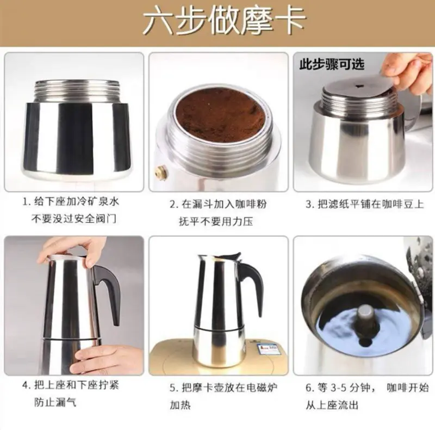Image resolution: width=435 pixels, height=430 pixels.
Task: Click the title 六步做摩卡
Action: pyautogui.click(x=224, y=22)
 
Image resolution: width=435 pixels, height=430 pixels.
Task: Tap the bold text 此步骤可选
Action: pyautogui.click(x=332, y=64)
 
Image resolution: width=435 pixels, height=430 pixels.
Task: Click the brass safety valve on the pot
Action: pyautogui.click(x=159, y=173)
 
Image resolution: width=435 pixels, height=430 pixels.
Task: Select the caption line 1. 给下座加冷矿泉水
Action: pyautogui.click(x=71, y=201)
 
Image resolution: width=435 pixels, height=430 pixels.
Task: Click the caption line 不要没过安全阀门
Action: pyautogui.click(x=74, y=219)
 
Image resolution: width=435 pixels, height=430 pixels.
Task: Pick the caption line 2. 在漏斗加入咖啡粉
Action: pyautogui.click(x=219, y=204)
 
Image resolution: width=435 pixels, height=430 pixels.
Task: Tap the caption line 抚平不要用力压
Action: pyautogui.click(x=216, y=222)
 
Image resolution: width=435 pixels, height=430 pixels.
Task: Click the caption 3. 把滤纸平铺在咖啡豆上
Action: pyautogui.click(x=365, y=204)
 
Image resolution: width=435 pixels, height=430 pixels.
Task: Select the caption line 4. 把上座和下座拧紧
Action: pyautogui.click(x=71, y=385)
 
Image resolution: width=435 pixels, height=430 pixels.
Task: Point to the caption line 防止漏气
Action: pyautogui.click(x=55, y=402)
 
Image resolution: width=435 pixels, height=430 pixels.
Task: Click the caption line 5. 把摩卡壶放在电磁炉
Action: pyautogui.click(x=223, y=388)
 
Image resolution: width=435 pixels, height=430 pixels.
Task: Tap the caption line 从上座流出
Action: pyautogui.click(x=332, y=405)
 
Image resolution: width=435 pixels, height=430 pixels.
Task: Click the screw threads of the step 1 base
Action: pyautogui.click(x=77, y=91)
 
